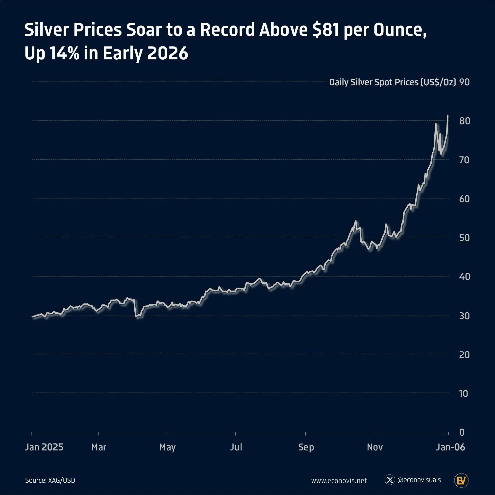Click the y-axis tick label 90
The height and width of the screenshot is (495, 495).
pyautogui.click(x=464, y=82)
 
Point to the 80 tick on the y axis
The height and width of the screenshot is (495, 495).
pyautogui.click(x=465, y=121)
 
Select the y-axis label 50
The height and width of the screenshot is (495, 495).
pyautogui.click(x=464, y=238)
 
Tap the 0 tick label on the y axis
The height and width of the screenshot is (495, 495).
pyautogui.click(x=462, y=432)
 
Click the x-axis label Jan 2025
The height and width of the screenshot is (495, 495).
pyautogui.click(x=44, y=447)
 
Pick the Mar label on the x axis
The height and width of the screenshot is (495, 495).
pyautogui.click(x=99, y=447)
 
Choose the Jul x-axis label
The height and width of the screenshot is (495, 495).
pyautogui.click(x=236, y=447)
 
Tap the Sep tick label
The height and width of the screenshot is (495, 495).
pyautogui.click(x=306, y=447)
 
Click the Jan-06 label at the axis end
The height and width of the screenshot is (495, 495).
pyautogui.click(x=450, y=447)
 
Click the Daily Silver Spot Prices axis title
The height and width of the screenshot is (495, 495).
pyautogui.click(x=392, y=82)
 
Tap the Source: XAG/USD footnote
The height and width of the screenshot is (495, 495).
pyautogui.click(x=50, y=480)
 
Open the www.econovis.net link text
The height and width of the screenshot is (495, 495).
pyautogui.click(x=339, y=481)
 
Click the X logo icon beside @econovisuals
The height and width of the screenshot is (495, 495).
pyautogui.click(x=390, y=480)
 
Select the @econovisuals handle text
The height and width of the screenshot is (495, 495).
pyautogui.click(x=419, y=480)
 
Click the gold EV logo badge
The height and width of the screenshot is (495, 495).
pyautogui.click(x=461, y=480)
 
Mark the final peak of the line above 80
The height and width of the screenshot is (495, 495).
pyautogui.click(x=447, y=116)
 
